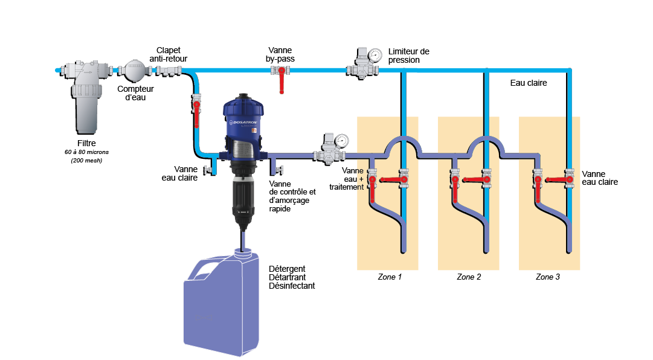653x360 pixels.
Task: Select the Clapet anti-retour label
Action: [x=169, y=54]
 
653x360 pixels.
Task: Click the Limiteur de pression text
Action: [x=408, y=56]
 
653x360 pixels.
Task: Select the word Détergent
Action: [x=287, y=269]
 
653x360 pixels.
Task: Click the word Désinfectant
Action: [x=292, y=286]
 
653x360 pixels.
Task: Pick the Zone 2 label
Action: [x=469, y=277]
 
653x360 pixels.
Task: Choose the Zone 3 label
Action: [x=548, y=277]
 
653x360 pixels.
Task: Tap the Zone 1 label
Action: [x=390, y=277]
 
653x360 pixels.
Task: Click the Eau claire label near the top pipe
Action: [x=529, y=83]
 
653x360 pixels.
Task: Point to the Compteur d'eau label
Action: [x=135, y=92]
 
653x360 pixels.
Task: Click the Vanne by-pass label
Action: [x=281, y=54]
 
